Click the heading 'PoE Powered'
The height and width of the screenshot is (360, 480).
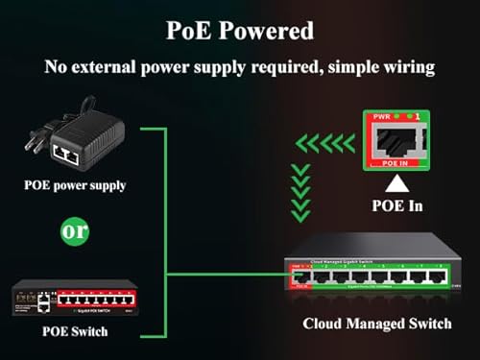(240, 30)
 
